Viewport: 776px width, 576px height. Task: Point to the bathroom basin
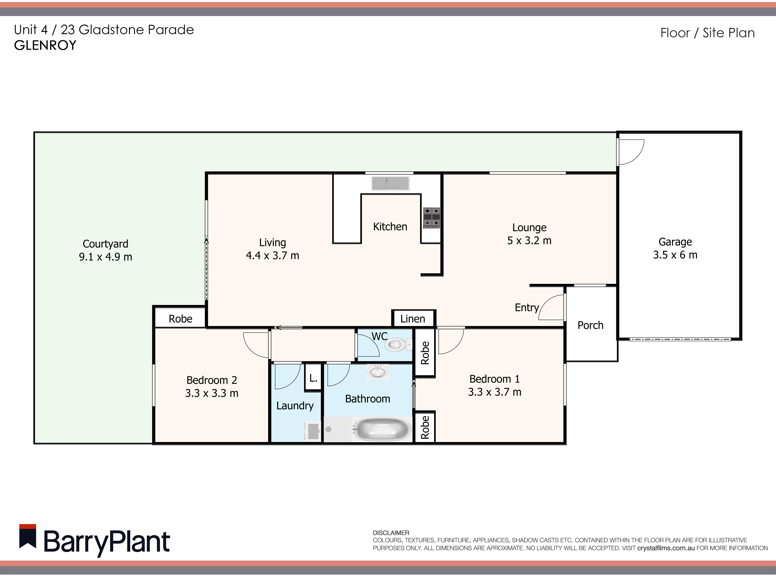pos(377,372)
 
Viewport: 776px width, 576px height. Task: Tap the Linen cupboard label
pos(413,319)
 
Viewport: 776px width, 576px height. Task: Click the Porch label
pos(590,325)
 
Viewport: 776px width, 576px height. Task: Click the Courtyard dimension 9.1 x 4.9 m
pos(105,257)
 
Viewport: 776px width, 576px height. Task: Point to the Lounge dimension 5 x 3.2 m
pos(529,241)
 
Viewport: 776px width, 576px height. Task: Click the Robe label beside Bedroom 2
pos(180,319)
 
